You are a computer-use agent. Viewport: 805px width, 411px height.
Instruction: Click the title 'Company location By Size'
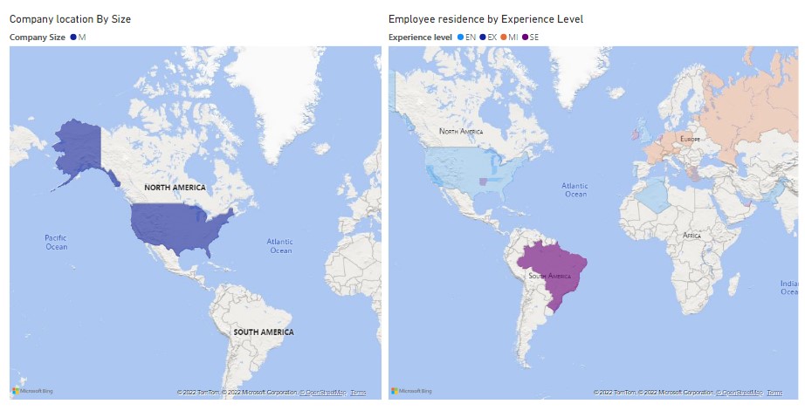pos(70,18)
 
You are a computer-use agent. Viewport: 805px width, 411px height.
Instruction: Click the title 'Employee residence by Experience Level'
pos(485,18)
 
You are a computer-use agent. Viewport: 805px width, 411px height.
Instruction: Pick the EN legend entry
pos(466,37)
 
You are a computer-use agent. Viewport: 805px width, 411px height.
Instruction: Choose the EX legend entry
pos(488,37)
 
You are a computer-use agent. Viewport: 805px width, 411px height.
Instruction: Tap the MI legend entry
pos(509,37)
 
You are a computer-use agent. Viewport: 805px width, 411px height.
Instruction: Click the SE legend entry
pos(531,37)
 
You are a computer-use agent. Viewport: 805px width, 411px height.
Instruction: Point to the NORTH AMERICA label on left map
pos(175,188)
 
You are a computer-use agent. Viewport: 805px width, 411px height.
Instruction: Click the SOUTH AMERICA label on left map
pos(263,332)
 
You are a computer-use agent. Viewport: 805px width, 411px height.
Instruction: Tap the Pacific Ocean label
pos(56,242)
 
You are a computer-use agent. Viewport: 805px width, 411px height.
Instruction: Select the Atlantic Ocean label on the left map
pos(280,246)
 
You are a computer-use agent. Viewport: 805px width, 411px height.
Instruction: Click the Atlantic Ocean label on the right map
pos(575,189)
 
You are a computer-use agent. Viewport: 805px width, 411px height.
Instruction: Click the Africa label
pos(691,236)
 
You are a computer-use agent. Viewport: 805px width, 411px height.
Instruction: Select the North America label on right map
pos(460,131)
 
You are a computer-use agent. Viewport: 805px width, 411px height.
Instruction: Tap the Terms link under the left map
pos(358,393)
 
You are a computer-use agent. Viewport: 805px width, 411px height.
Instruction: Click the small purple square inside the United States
pos(483,182)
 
